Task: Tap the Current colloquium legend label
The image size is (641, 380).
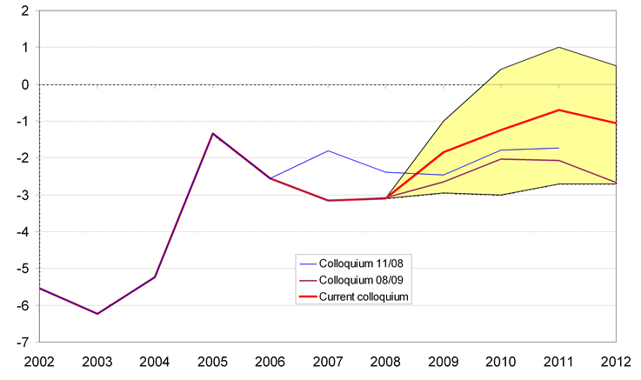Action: tap(364, 297)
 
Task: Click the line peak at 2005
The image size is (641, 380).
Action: tap(213, 133)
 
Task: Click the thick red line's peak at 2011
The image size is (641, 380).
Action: tap(558, 110)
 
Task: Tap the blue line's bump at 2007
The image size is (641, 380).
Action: tap(328, 150)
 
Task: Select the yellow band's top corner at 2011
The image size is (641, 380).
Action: tap(558, 47)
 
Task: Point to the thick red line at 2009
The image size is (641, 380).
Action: tap(444, 152)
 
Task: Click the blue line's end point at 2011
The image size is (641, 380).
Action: tap(558, 148)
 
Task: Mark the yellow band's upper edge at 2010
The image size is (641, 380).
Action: tap(501, 70)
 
